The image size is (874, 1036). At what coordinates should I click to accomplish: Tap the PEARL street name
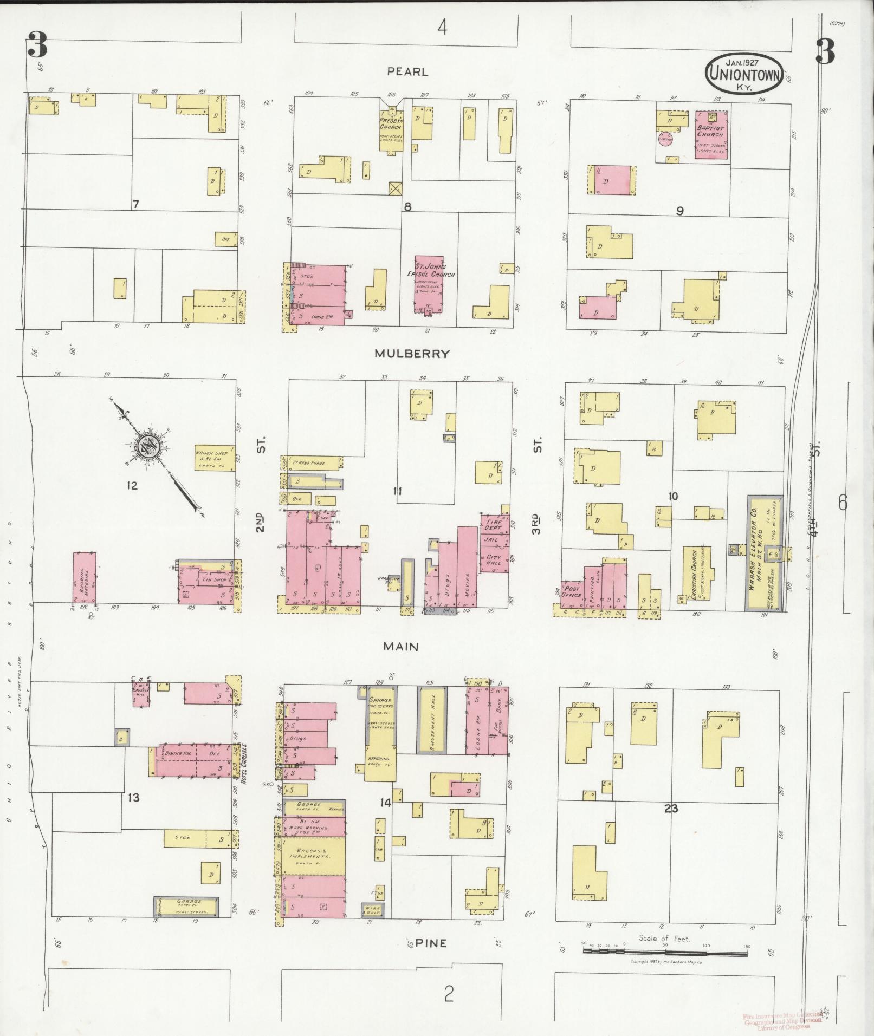point(407,71)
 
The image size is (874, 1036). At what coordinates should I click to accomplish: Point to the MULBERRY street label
point(412,354)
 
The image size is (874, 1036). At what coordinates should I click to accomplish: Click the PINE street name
point(431,943)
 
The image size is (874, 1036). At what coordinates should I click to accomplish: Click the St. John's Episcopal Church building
point(429,284)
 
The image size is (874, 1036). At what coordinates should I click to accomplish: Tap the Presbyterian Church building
point(390,127)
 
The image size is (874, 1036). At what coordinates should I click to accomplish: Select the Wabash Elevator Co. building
point(765,552)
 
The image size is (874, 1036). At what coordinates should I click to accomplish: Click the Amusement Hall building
point(431,720)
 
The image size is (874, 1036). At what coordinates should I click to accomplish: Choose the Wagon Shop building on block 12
point(215,458)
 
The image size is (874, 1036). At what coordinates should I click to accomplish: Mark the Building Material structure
point(85,578)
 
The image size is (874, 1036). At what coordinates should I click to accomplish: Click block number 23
point(671,809)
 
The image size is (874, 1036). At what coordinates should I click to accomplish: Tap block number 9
point(679,211)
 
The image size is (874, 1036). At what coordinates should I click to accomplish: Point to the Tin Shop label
point(213,579)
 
